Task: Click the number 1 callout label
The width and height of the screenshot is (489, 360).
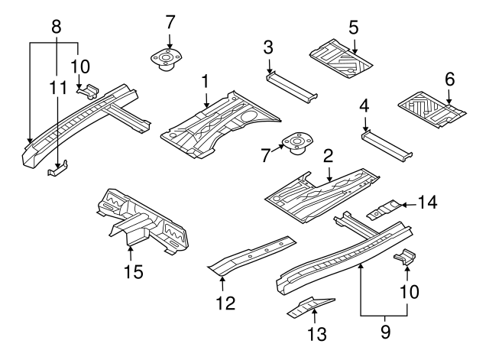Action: tap(206, 79)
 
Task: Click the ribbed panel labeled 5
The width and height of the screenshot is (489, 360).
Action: tap(342, 55)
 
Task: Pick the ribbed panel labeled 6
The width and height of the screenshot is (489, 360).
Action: tap(432, 107)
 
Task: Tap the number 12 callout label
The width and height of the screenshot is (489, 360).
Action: tap(222, 304)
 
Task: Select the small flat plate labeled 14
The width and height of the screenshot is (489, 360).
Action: tap(386, 208)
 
